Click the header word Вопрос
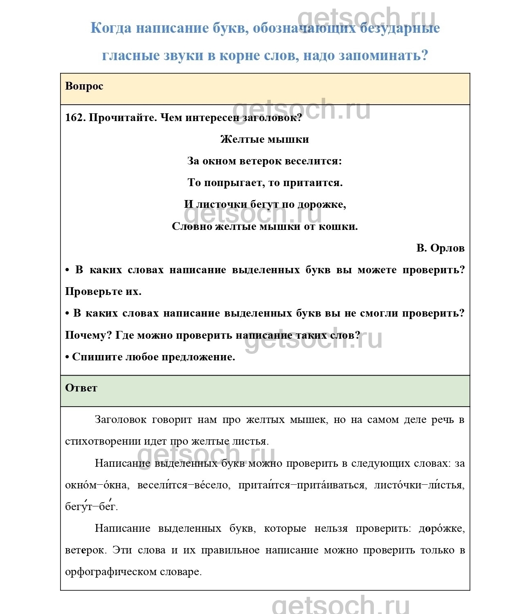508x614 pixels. pos(84,86)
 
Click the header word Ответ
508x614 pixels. pos(81,388)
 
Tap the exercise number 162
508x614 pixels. pos(75,118)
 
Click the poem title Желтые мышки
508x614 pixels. pos(265,139)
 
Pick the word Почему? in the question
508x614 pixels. pos(88,335)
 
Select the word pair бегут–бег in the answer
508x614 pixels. pos(91,506)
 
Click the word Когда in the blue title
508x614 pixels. pos(110,28)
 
